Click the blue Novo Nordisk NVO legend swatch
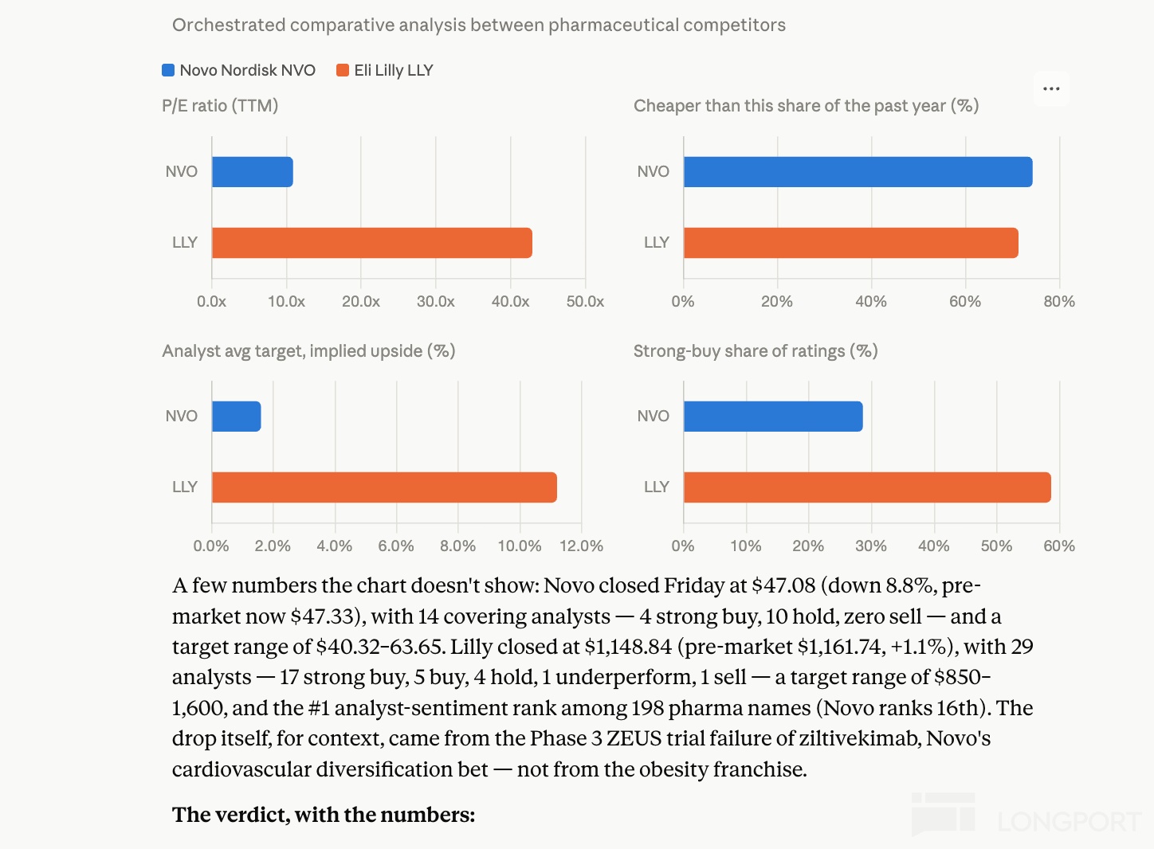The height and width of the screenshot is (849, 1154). click(168, 70)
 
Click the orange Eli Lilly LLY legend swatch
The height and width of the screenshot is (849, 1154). click(343, 70)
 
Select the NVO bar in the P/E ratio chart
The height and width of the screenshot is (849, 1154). click(253, 172)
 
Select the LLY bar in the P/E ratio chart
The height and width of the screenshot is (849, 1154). click(372, 242)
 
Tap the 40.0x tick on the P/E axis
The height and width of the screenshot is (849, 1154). click(510, 301)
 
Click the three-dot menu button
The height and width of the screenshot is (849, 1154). click(1051, 88)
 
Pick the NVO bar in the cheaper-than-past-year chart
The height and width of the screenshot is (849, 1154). click(858, 172)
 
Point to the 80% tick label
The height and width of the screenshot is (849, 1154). click(1059, 301)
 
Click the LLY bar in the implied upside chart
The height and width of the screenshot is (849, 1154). click(384, 487)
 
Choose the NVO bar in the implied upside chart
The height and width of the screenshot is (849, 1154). click(237, 417)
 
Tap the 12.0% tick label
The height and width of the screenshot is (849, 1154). click(581, 546)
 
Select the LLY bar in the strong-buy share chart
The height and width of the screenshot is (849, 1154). click(867, 487)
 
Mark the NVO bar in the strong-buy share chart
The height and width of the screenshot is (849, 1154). click(773, 417)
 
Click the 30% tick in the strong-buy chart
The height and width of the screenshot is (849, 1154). click(871, 546)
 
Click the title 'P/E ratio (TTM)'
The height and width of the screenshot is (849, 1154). click(220, 106)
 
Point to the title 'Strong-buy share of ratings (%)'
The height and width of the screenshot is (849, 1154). click(756, 351)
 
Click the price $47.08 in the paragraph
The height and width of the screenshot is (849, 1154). click(783, 585)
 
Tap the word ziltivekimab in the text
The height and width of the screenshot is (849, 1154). click(859, 738)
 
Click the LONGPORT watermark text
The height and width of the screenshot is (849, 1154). click(1070, 822)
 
